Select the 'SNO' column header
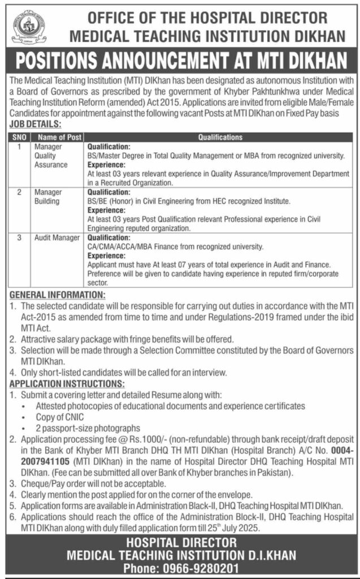pyautogui.click(x=19, y=137)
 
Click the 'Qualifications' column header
pyautogui.click(x=219, y=137)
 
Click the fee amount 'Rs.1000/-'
pyautogui.click(x=146, y=438)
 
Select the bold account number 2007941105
pyautogui.click(x=38, y=460)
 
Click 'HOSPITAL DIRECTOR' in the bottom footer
pyautogui.click(x=180, y=543)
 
